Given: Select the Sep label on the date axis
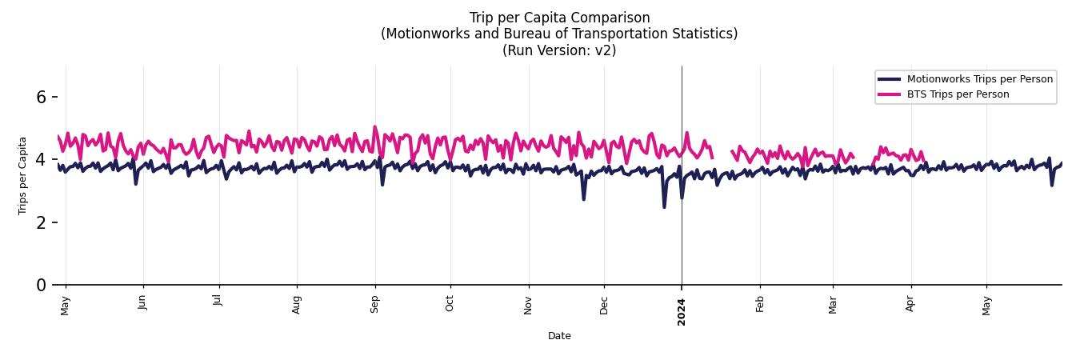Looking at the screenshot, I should pos(374,304).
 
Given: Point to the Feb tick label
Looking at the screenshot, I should pos(760,304).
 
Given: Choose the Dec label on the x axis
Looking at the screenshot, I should pos(604,305).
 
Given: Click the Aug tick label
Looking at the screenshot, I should pos(297,304).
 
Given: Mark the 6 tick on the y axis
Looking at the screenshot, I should pos(41,97).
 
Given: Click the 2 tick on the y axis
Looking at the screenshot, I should pos(41,222).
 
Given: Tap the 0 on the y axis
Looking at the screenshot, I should pos(41,285).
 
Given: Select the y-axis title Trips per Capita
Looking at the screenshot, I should pos(22,175).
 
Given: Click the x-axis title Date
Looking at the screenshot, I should pos(559,336).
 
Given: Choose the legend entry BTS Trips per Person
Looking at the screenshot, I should pos(958,94).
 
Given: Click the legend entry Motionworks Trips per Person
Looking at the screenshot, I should pos(979,78).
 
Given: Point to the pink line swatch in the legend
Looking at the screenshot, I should pos(889,94).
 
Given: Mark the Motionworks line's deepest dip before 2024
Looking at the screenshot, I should pos(664,207).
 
